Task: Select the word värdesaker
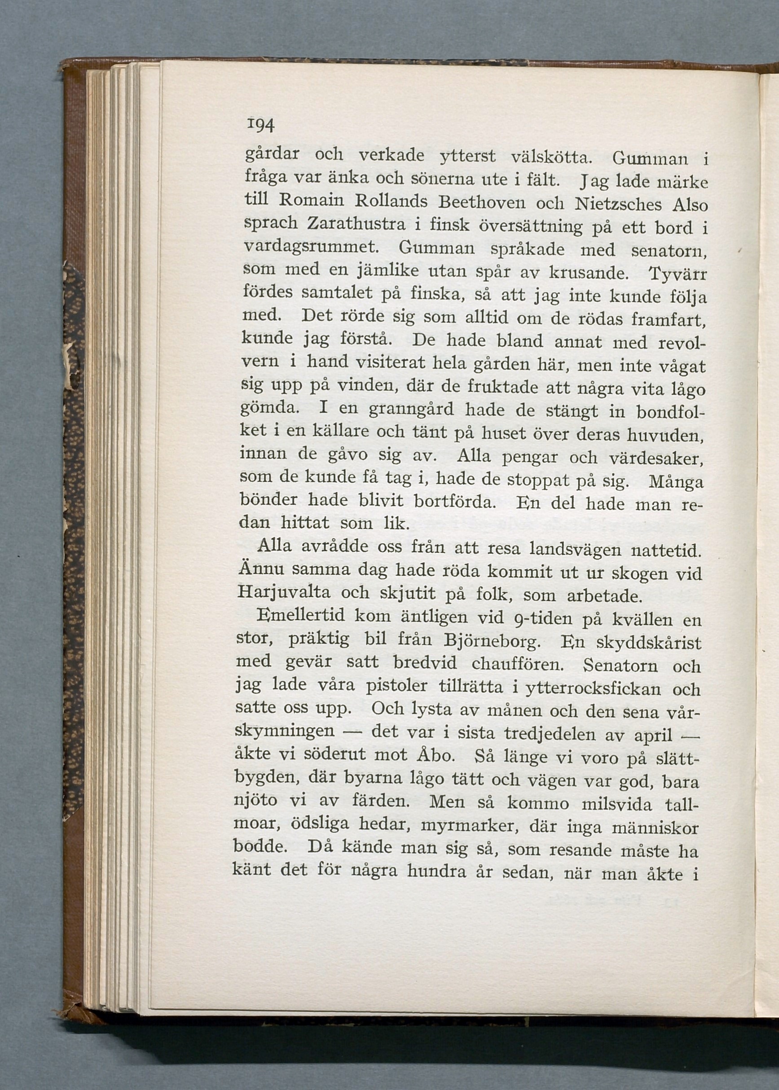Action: tap(654, 458)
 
